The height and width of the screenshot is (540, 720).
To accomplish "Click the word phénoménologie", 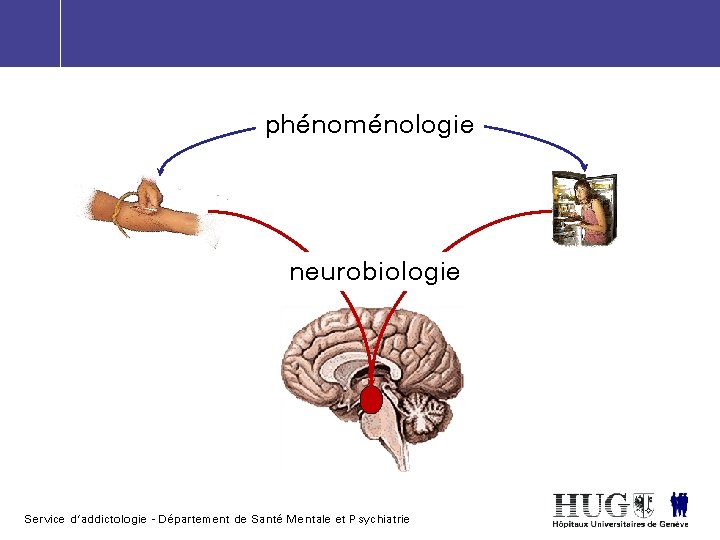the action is click(x=369, y=126).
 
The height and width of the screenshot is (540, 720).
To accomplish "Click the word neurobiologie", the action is click(x=374, y=271).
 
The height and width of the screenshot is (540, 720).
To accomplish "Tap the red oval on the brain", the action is click(x=371, y=401).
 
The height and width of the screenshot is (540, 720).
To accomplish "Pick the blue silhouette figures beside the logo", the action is click(x=679, y=503).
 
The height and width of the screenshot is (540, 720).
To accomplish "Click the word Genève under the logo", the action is click(x=672, y=524).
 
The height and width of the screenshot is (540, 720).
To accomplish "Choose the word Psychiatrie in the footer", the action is click(x=379, y=519).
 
